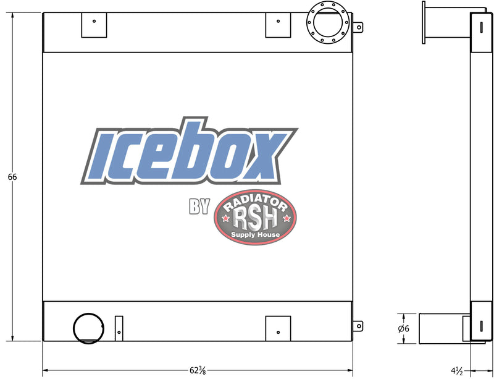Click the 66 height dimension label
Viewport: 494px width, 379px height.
(12, 177)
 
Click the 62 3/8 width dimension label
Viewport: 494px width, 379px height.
(198, 370)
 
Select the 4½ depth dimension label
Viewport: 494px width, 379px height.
(458, 370)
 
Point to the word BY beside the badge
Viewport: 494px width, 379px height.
(199, 207)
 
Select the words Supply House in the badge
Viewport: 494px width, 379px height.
(255, 235)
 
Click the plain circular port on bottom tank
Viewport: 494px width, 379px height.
(88, 328)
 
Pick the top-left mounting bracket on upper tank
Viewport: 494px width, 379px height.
(94, 25)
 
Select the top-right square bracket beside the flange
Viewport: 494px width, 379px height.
(278, 25)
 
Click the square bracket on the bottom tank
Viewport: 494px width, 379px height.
(278, 328)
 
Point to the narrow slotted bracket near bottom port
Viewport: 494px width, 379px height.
(119, 328)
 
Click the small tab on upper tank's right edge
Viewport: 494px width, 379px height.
(358, 27)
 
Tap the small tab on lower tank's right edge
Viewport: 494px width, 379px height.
(358, 326)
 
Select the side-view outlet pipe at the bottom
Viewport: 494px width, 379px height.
(442, 328)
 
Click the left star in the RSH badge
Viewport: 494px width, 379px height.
(225, 219)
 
